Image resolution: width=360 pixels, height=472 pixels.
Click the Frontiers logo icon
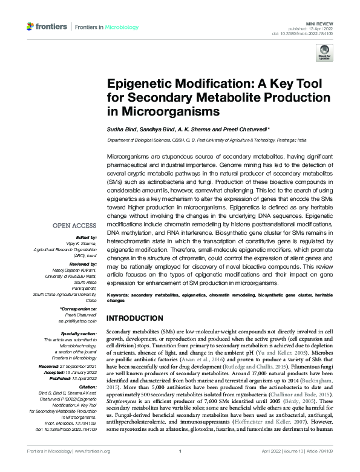pos(31,27)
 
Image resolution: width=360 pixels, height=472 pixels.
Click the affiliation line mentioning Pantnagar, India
pos(206,140)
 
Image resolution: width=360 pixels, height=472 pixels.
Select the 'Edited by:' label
pos(85,238)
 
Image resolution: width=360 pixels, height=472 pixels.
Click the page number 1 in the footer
pos(180,468)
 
